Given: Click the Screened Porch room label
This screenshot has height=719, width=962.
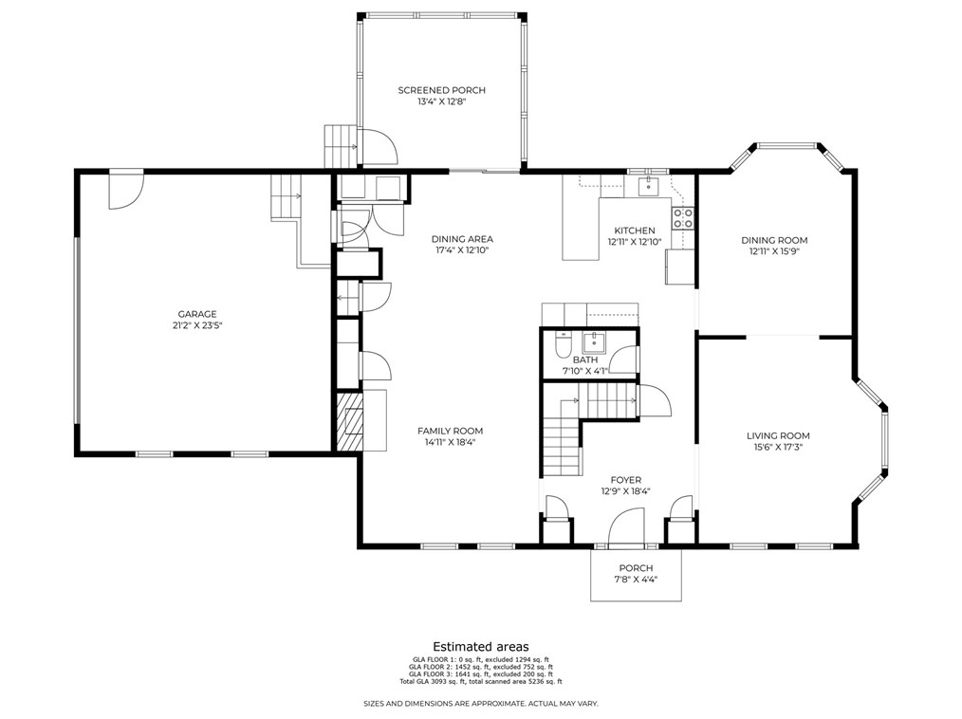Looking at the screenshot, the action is click(x=441, y=90).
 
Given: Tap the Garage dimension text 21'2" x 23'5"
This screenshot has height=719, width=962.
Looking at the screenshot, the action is click(x=197, y=325).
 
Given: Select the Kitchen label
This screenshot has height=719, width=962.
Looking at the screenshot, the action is click(x=635, y=230).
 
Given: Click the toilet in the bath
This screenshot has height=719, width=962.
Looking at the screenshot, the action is click(x=563, y=345).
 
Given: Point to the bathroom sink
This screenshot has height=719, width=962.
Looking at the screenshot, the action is click(x=594, y=342).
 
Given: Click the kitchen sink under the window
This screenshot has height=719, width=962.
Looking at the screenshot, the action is click(x=647, y=186).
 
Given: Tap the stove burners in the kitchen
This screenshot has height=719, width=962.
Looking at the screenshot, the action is click(x=683, y=218).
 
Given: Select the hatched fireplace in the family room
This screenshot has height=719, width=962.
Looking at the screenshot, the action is click(x=349, y=422).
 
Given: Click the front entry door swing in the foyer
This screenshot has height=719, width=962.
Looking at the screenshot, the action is click(x=626, y=526).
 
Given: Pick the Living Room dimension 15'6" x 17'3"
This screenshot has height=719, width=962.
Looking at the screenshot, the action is click(x=778, y=447).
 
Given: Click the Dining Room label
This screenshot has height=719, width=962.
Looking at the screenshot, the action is click(x=773, y=241).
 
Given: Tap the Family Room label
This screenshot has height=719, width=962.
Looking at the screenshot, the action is click(x=450, y=431).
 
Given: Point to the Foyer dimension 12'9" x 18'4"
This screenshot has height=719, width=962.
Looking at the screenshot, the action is click(x=626, y=490).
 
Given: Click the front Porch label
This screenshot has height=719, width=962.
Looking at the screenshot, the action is click(x=636, y=568).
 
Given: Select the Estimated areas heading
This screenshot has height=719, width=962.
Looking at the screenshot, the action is click(x=481, y=647).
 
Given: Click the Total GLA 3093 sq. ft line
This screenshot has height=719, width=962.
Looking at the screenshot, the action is click(x=480, y=681).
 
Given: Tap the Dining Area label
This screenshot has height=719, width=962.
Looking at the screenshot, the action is click(x=462, y=239).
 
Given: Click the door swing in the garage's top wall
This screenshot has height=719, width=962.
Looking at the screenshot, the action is click(x=126, y=190).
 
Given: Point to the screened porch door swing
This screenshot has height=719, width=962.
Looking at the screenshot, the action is click(x=378, y=146).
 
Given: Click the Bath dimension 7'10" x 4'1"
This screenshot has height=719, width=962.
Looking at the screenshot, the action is click(x=584, y=371).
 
